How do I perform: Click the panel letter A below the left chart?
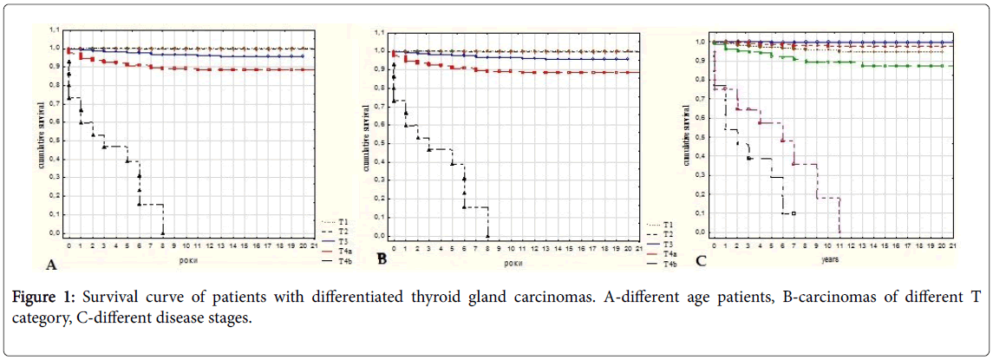[x=52, y=264]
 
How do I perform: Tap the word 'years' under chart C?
[x=830, y=258]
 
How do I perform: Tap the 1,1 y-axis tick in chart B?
[x=378, y=32]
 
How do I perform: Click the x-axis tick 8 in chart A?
[x=163, y=245]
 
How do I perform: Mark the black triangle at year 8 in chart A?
[x=163, y=232]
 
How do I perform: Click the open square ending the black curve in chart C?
[x=794, y=213]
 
